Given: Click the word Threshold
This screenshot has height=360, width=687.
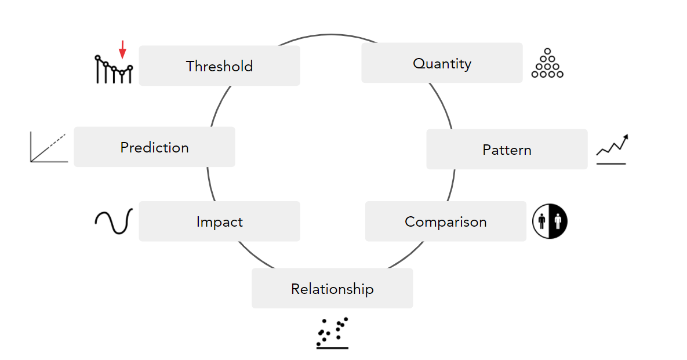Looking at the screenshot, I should point(219,66).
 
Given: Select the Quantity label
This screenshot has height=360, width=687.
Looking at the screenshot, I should point(442,63).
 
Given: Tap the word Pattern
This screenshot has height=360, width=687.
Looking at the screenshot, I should point(507,150).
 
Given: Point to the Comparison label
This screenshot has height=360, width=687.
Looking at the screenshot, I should point(445,221).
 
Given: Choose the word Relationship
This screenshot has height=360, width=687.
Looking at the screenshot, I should point(332,289).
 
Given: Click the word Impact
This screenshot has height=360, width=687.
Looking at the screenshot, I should point(219,221).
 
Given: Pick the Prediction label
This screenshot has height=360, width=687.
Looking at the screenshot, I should point(154,147).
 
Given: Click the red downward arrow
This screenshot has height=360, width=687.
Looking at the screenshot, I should point(122,50).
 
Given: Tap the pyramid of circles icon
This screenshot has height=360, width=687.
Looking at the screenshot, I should point(547,64).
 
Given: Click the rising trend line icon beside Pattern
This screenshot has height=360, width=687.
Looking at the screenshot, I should point(612,150).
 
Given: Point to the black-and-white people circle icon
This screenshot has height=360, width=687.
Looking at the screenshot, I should point(550,221).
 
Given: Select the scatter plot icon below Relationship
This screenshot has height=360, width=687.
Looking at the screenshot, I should point(332,333).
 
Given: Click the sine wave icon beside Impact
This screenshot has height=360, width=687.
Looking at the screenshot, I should point(114,221).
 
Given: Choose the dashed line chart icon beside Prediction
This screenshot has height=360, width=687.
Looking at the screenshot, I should point(49,147).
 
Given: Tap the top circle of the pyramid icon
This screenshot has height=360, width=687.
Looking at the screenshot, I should point(547,52).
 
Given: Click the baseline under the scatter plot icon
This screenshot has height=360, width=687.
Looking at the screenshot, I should point(332,348).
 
